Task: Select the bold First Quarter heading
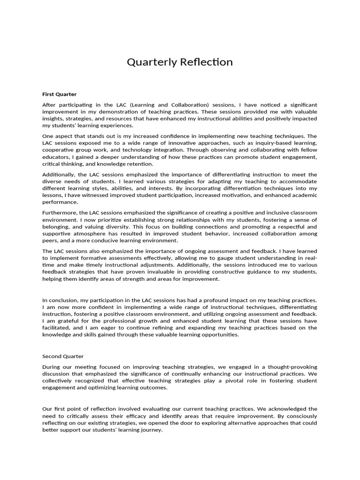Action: coord(60,94)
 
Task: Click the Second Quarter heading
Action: coord(63,356)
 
